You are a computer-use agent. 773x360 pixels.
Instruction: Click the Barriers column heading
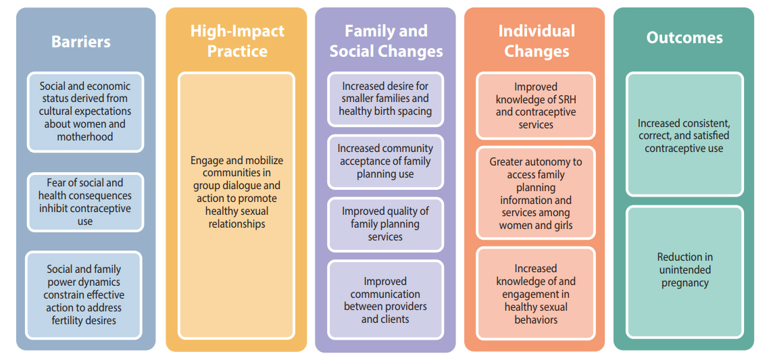coord(81,41)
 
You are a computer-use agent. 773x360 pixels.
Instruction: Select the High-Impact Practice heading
coord(237,41)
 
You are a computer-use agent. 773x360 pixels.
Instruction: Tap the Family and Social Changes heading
coord(386,41)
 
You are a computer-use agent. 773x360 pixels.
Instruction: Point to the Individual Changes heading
coord(537,41)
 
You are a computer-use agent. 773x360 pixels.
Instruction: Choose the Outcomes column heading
coord(684,38)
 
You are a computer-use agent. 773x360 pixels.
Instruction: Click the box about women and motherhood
coord(86,112)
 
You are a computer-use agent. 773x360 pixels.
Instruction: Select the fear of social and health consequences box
coord(85,203)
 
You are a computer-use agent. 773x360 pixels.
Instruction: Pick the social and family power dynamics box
coord(84,295)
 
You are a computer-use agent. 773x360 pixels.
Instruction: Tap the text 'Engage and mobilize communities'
coord(237,167)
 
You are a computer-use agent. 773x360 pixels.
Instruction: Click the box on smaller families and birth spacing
coord(386,99)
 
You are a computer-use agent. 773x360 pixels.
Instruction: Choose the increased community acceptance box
coord(386,161)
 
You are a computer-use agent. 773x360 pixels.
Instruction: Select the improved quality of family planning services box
coord(386,224)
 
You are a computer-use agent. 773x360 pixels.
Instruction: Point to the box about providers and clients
coord(386,300)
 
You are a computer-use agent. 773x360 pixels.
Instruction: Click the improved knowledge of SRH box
coord(536,105)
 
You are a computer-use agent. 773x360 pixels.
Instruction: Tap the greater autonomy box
coord(536,193)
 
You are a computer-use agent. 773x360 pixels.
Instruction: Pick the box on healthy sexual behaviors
coord(536,294)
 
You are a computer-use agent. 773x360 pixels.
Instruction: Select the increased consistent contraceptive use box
coord(684,135)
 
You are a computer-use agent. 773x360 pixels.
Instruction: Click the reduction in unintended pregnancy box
coord(684,272)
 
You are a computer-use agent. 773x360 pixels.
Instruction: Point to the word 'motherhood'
coord(85,137)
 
